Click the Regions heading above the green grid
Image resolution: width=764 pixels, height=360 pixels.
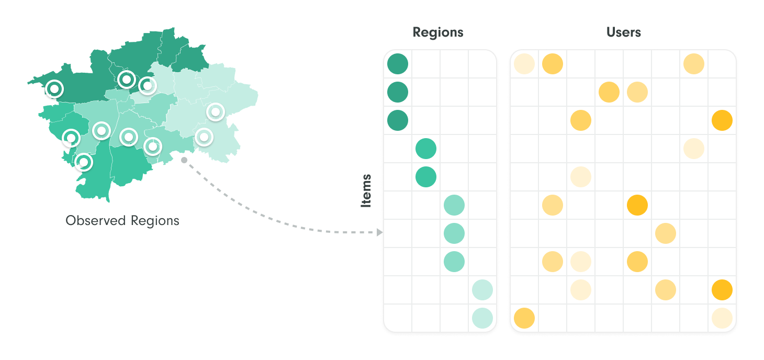pos(438,32)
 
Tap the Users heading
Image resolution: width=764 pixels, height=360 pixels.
pos(623,32)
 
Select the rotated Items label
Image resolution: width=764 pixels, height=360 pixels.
pos(366,191)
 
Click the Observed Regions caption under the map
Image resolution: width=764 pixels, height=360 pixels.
pos(122,221)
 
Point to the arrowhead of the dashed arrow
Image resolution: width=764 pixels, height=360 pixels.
pos(379,232)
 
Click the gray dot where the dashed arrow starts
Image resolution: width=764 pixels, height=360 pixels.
pos(184,160)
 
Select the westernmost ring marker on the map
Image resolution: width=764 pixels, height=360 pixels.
pos(54,89)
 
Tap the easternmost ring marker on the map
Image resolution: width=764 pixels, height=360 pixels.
pos(216,112)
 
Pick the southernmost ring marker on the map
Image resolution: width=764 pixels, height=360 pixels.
pos(84,162)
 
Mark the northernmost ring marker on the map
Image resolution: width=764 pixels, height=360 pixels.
pos(127,80)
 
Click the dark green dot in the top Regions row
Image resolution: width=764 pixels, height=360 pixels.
pos(398,64)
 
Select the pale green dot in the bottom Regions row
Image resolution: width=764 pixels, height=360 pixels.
pos(482,318)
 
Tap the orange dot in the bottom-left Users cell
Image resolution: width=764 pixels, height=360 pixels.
pos(524,318)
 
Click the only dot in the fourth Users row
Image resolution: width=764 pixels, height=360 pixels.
pos(694,149)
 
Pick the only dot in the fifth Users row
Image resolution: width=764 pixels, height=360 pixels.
pos(580,177)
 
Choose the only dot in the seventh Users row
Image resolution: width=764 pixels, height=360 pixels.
pos(666,233)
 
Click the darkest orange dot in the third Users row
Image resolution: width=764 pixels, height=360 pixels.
pos(722,120)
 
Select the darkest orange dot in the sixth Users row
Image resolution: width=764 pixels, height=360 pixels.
pos(637,205)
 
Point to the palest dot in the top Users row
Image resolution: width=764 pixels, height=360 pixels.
pos(524,64)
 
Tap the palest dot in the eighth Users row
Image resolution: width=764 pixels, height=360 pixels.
pos(580,262)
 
